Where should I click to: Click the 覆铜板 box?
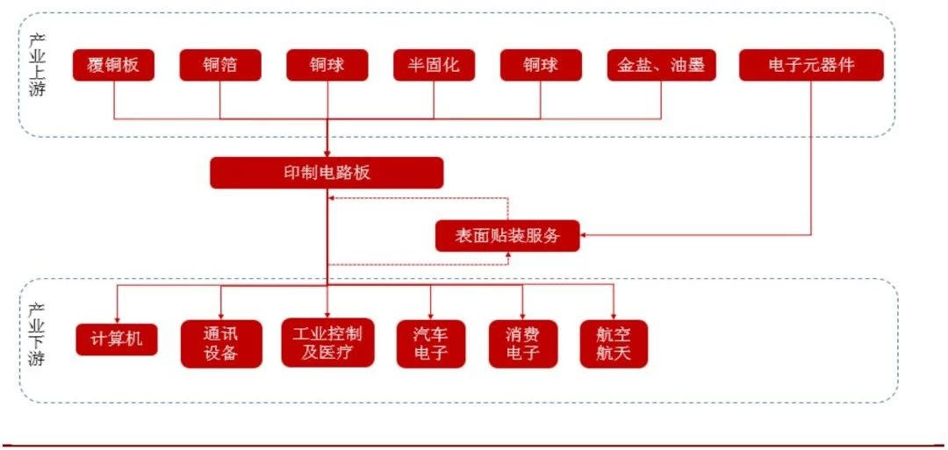pos(113,65)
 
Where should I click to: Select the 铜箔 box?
pos(220,65)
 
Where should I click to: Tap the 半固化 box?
pos(434,65)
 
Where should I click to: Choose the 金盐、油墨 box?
pos(661,65)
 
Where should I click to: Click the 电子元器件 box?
pos(810,65)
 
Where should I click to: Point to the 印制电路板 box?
pos(327,173)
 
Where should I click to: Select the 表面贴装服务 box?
pos(508,235)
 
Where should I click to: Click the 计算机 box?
pos(117,339)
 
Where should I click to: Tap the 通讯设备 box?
pos(220,344)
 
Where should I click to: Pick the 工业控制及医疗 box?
pos(327,343)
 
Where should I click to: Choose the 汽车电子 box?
pos(430,344)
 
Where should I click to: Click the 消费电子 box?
pos(523,344)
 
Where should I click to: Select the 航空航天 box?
pos(614,344)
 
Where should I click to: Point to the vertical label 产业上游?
pos(36,66)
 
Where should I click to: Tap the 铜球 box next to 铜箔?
pos(327,65)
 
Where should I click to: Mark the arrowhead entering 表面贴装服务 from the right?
pos(585,235)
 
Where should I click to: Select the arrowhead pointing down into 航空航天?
pos(614,315)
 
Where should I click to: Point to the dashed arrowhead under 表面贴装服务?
pos(508,256)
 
